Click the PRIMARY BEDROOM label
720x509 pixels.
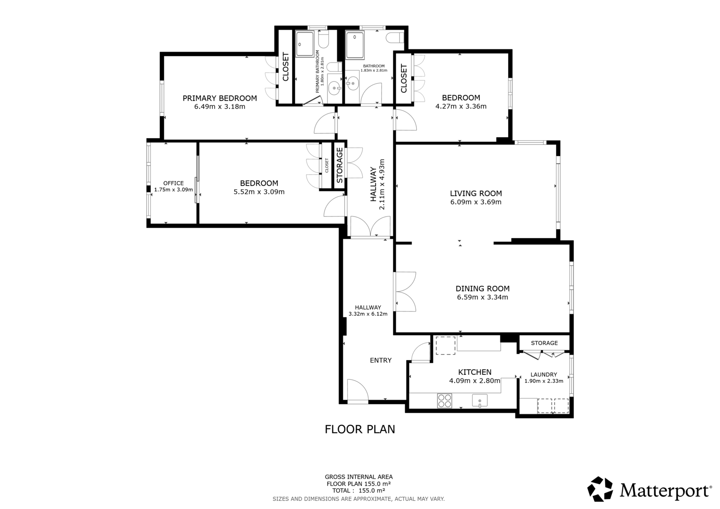(x=220, y=98)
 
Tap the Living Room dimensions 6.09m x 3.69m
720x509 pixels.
(x=476, y=202)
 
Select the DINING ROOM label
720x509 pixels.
(x=482, y=288)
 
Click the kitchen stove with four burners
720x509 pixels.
(x=445, y=400)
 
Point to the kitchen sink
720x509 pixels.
(x=480, y=400)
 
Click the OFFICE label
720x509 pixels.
(x=173, y=183)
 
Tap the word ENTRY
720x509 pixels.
(x=381, y=360)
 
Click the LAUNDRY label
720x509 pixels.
(x=544, y=374)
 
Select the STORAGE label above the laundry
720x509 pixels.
(x=544, y=343)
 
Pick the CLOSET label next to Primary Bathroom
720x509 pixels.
(x=285, y=68)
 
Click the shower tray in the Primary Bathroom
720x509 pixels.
(x=306, y=44)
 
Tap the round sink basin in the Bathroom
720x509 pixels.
(x=354, y=83)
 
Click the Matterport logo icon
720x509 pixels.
(x=600, y=489)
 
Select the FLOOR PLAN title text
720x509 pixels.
(x=360, y=429)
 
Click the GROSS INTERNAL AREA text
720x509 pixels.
(x=359, y=477)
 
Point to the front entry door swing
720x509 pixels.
(x=358, y=390)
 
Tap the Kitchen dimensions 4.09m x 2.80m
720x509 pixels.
(x=474, y=381)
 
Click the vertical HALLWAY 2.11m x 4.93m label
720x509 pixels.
(x=377, y=184)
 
